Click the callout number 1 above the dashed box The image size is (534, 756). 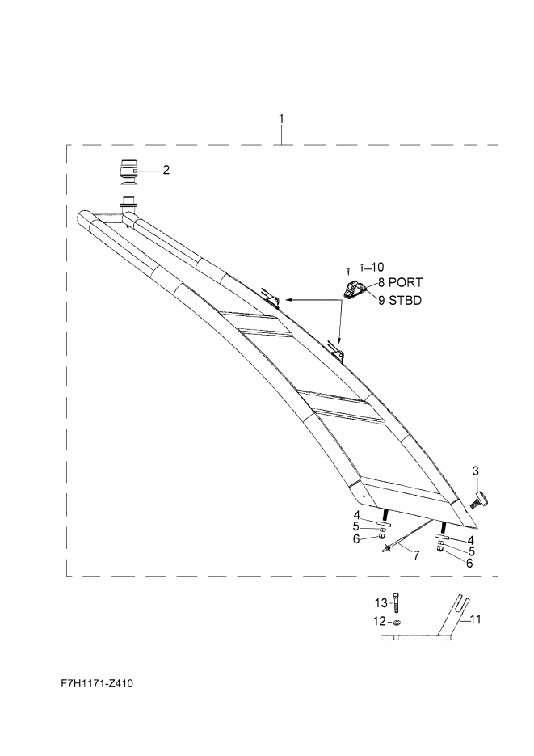point(281,119)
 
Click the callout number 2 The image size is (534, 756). point(166,170)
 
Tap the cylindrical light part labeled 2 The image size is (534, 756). point(126,171)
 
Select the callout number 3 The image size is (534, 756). point(476,471)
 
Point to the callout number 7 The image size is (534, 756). point(416,555)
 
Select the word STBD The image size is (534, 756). point(406,300)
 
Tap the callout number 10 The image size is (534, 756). point(377,266)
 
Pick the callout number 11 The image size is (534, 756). point(476,619)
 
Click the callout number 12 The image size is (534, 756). point(380,622)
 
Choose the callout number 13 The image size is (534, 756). point(381,602)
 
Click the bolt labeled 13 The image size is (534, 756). point(396,603)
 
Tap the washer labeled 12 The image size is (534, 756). point(397,623)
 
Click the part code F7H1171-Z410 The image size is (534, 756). point(97,684)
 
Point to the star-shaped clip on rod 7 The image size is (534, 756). point(389,549)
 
